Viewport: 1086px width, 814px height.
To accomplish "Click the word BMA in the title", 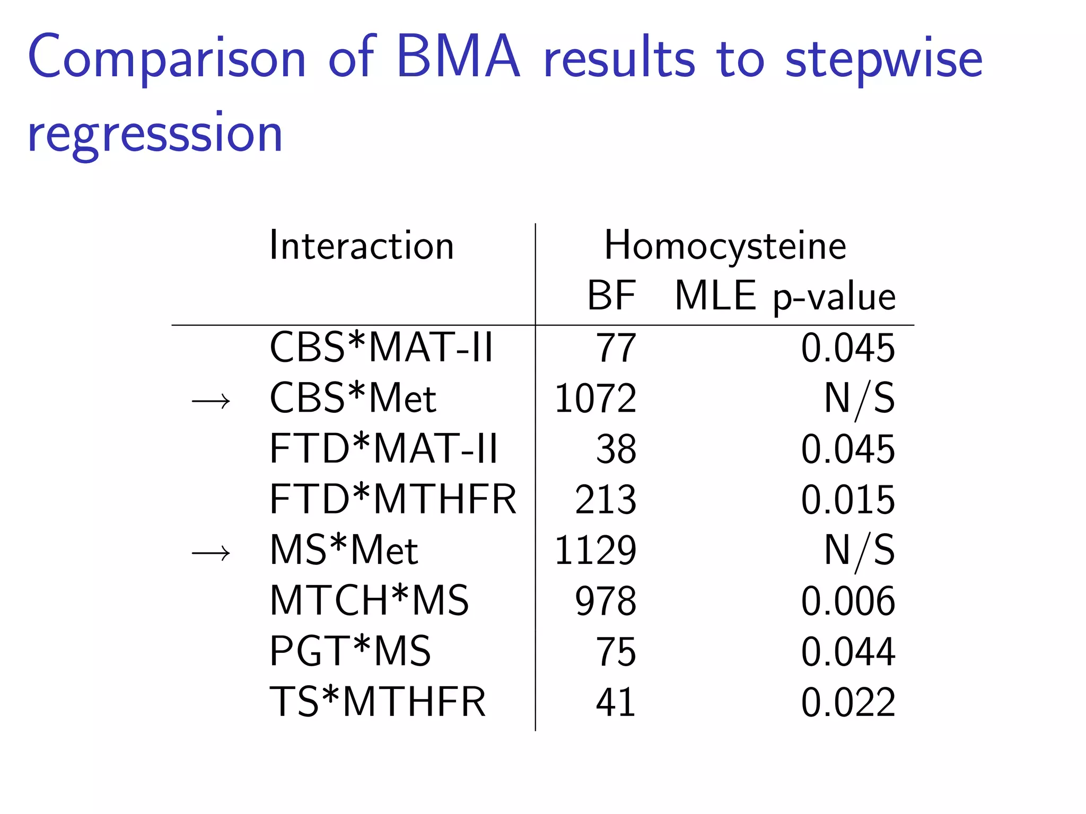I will [x=458, y=57].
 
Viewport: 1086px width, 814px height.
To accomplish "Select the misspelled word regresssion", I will [x=155, y=135].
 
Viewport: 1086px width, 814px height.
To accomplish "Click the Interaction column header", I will [x=362, y=246].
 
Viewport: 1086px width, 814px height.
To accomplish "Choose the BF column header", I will [x=611, y=296].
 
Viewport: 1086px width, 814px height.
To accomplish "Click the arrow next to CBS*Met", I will [x=211, y=401].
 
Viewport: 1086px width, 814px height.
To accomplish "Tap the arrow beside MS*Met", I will [x=211, y=553].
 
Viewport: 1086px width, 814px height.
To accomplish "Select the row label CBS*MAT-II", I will [x=381, y=348].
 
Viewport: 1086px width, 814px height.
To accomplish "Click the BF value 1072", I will [x=595, y=399].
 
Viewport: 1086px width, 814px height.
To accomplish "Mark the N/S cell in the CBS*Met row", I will [x=859, y=399].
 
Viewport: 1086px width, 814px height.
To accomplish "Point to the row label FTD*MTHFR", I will [x=393, y=499].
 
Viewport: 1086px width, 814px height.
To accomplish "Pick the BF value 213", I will [x=606, y=500].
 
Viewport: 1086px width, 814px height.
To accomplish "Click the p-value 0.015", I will [x=847, y=500].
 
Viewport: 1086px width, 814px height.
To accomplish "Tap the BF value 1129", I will [x=595, y=550].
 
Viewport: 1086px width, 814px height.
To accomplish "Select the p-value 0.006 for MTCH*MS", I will [x=847, y=601].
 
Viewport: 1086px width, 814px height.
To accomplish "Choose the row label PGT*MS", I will [x=350, y=651].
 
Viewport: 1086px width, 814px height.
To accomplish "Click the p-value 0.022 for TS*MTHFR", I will [x=847, y=702].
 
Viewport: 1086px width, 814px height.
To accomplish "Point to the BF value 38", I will [x=616, y=449].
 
